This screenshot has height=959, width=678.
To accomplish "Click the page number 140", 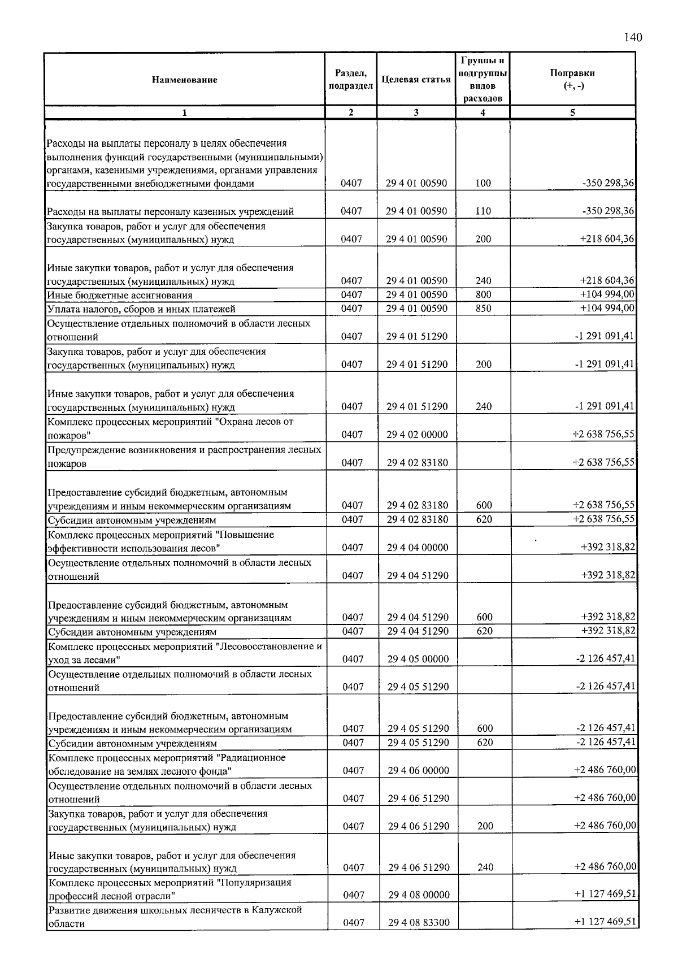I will (633, 38).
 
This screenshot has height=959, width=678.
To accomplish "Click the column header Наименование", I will (184, 80).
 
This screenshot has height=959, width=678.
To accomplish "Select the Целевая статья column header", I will (416, 80).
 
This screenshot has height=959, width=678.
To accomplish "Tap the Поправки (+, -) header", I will (572, 79).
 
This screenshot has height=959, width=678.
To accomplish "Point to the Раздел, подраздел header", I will (350, 80).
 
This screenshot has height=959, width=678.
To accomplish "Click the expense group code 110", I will (483, 211).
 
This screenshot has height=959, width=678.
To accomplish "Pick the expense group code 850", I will (483, 309).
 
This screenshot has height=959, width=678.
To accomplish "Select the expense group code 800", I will (483, 294).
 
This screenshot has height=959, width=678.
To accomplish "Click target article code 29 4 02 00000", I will (417, 435).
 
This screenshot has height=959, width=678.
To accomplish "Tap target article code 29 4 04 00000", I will (418, 547).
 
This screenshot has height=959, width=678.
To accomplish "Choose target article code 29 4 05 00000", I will (418, 659).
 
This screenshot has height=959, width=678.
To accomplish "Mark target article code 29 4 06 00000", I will (418, 770).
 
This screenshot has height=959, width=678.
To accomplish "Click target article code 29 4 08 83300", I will (419, 923).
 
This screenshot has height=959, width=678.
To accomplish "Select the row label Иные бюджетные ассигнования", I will (120, 295).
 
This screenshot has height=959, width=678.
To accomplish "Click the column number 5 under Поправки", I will (572, 112).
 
